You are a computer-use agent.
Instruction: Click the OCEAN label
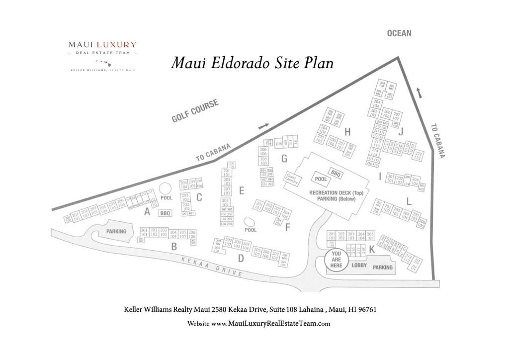tap(399, 33)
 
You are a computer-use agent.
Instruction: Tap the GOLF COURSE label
tap(195, 111)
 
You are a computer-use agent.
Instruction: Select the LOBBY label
tap(359, 265)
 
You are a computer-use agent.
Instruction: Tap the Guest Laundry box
tap(291, 179)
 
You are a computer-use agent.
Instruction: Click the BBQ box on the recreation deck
tap(336, 174)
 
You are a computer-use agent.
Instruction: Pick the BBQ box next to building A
tap(165, 213)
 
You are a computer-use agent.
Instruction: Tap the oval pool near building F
tap(251, 222)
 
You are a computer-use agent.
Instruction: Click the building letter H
tap(347, 132)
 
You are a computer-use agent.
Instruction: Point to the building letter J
tap(401, 131)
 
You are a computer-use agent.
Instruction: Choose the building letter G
tap(284, 159)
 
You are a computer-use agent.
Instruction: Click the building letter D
tap(241, 258)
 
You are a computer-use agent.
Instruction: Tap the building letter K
tap(371, 250)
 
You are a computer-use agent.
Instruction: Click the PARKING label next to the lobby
tap(383, 267)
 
